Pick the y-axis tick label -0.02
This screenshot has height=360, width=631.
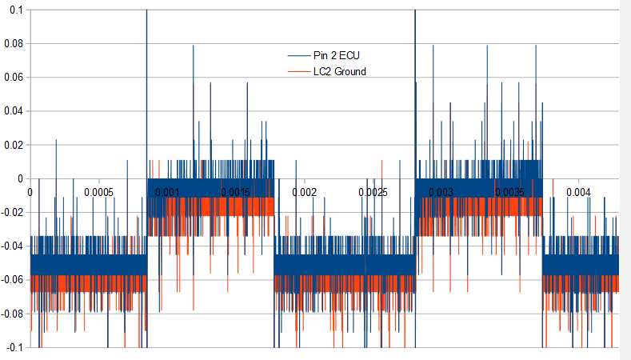tap(12, 213)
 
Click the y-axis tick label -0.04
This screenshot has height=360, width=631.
tap(12, 246)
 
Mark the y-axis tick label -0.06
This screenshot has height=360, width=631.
tap(12, 280)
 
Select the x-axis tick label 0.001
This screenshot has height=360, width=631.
tap(167, 193)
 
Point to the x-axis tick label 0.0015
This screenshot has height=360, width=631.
tap(236, 193)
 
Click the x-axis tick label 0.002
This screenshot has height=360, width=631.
tap(305, 193)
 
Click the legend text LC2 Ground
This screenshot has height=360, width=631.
tap(340, 72)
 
